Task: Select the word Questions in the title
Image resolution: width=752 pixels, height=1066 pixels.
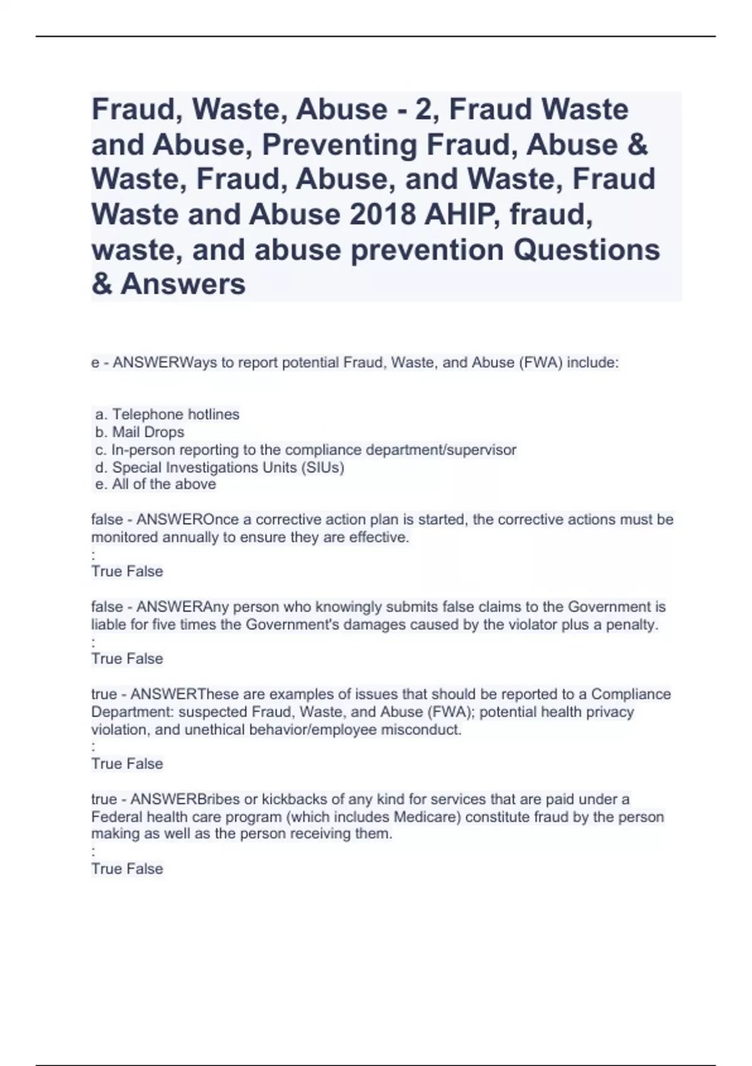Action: (x=587, y=250)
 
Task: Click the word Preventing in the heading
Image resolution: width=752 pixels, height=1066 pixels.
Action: (x=340, y=144)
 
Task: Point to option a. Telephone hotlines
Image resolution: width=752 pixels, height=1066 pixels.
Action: (x=167, y=414)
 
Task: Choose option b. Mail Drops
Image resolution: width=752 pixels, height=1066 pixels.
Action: (x=140, y=432)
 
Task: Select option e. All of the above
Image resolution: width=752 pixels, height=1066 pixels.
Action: (x=155, y=484)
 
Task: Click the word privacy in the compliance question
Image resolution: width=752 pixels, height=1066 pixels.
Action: (x=612, y=712)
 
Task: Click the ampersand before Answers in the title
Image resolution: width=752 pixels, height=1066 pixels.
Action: (x=101, y=284)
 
